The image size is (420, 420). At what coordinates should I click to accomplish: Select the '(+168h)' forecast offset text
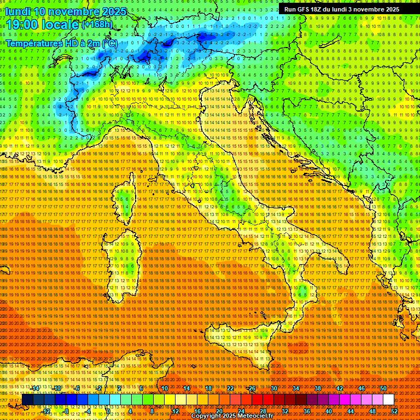[97, 24]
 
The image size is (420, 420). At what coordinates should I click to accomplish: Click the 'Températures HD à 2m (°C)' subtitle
[61, 43]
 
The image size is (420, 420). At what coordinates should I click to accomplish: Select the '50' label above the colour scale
[383, 388]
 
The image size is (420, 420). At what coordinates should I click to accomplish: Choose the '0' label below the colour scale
[109, 411]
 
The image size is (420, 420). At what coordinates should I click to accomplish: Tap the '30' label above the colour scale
[274, 388]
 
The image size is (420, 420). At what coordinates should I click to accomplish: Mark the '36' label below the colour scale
[307, 411]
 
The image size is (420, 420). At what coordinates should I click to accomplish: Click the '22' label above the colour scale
[230, 388]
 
